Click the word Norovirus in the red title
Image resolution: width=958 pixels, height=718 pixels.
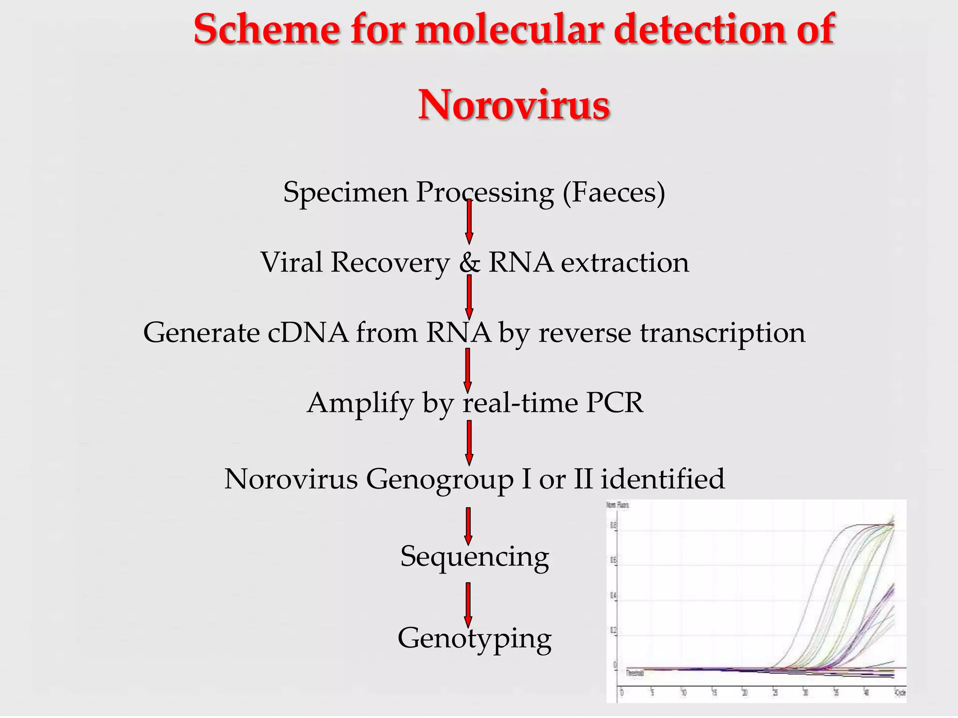514,105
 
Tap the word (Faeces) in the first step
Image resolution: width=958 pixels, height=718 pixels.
614,192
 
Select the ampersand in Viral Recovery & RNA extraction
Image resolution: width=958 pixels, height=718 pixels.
470,263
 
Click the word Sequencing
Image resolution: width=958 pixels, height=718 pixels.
474,557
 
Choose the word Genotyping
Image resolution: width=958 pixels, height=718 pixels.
474,639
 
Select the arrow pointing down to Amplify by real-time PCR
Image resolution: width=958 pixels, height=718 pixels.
467,371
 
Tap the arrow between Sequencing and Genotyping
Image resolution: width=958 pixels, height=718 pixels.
468,604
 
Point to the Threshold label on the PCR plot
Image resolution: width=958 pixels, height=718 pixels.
635,673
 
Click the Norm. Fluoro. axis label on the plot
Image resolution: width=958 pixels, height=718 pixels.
618,505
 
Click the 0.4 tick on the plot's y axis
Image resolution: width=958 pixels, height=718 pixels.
613,596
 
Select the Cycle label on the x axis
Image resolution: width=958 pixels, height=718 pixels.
900,693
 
